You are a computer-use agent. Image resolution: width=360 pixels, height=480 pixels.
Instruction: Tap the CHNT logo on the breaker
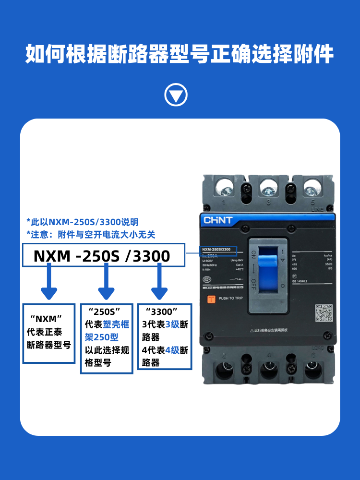tap(218, 220)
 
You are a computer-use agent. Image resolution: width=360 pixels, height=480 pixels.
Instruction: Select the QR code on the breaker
tap(324, 313)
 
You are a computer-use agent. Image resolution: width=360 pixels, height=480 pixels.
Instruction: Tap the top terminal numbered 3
tap(268, 186)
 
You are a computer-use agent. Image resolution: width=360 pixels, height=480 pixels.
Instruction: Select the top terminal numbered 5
tap(311, 186)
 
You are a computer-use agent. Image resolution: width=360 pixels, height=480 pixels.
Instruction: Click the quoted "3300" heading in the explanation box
tap(161, 311)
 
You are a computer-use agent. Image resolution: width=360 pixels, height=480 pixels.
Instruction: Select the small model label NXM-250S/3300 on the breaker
tap(216, 250)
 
